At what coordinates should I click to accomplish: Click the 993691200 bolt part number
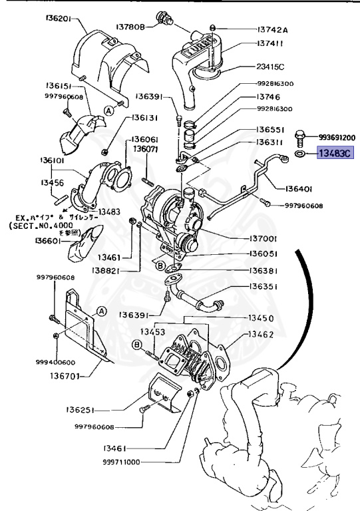337,137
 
